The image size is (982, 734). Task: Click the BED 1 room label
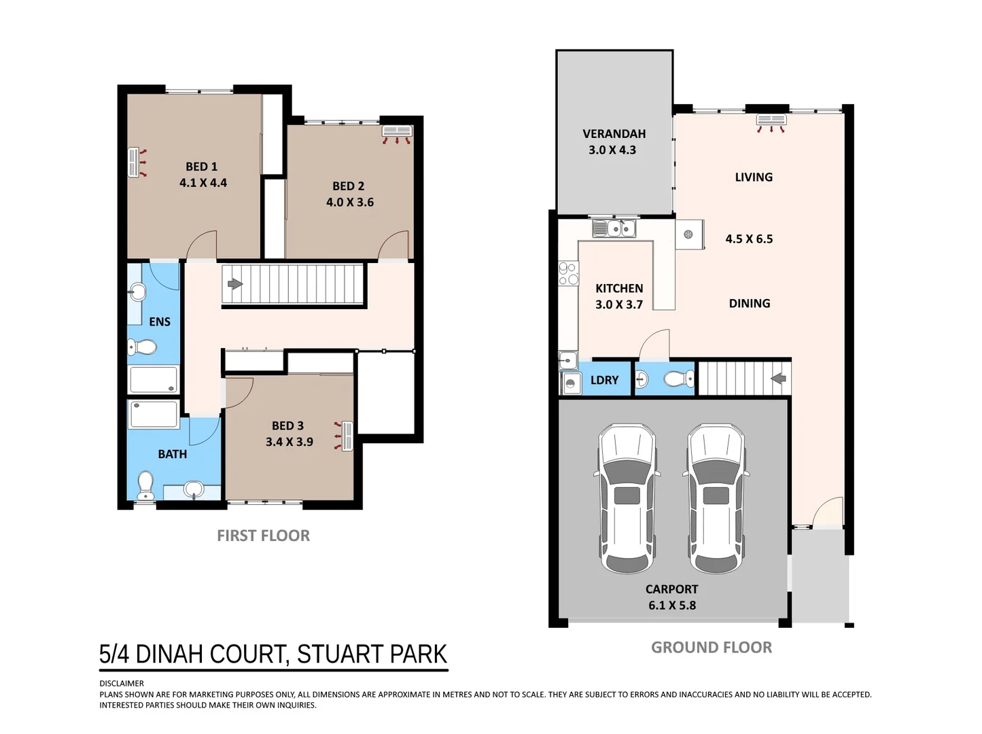click(201, 167)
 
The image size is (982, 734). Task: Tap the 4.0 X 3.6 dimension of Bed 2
click(350, 202)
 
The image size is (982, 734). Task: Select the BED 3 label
click(287, 426)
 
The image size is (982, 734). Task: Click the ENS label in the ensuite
click(160, 321)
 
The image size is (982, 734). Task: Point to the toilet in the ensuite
click(142, 347)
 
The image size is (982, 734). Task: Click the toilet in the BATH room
click(145, 485)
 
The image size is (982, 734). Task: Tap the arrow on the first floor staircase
click(235, 283)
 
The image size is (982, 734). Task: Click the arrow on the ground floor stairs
click(778, 379)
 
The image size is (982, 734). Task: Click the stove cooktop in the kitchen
click(568, 273)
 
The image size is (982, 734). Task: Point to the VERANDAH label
click(614, 134)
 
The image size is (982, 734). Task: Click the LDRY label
click(604, 380)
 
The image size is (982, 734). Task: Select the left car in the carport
click(627, 498)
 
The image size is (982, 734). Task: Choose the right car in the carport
click(716, 498)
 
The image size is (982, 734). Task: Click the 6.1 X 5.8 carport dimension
click(672, 606)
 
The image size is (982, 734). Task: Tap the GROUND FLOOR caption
click(712, 647)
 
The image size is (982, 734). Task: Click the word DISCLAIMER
click(122, 684)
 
